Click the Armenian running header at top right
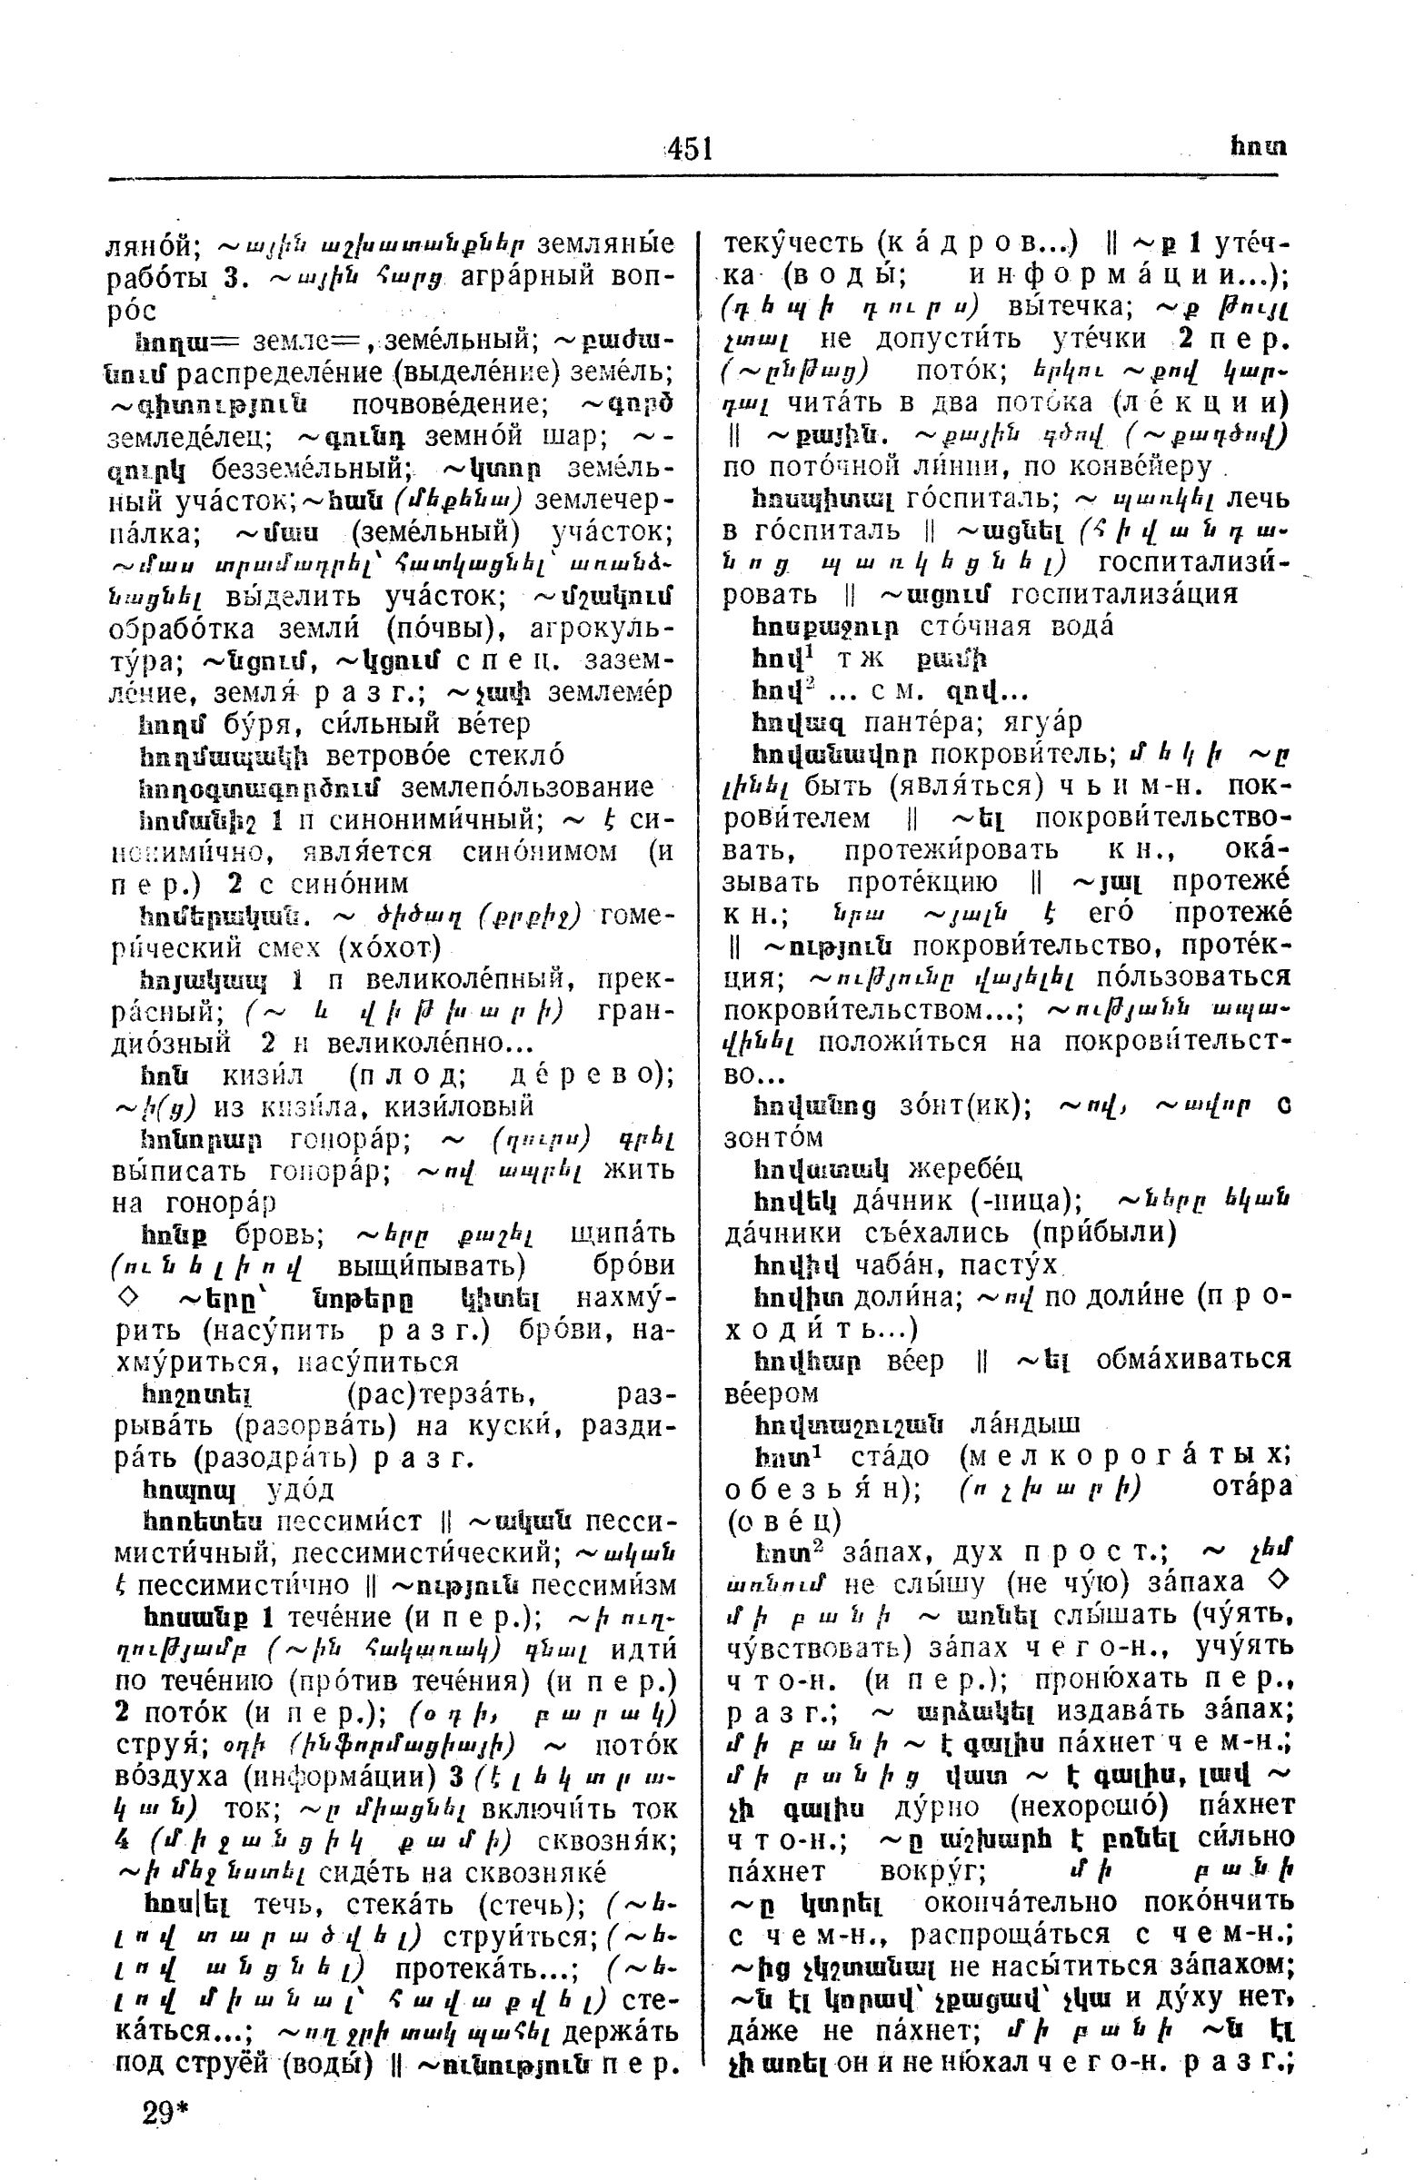[x=1257, y=146]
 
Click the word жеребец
[x=965, y=1170]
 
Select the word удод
[x=300, y=1490]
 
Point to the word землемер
[x=611, y=691]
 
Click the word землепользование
[x=528, y=787]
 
